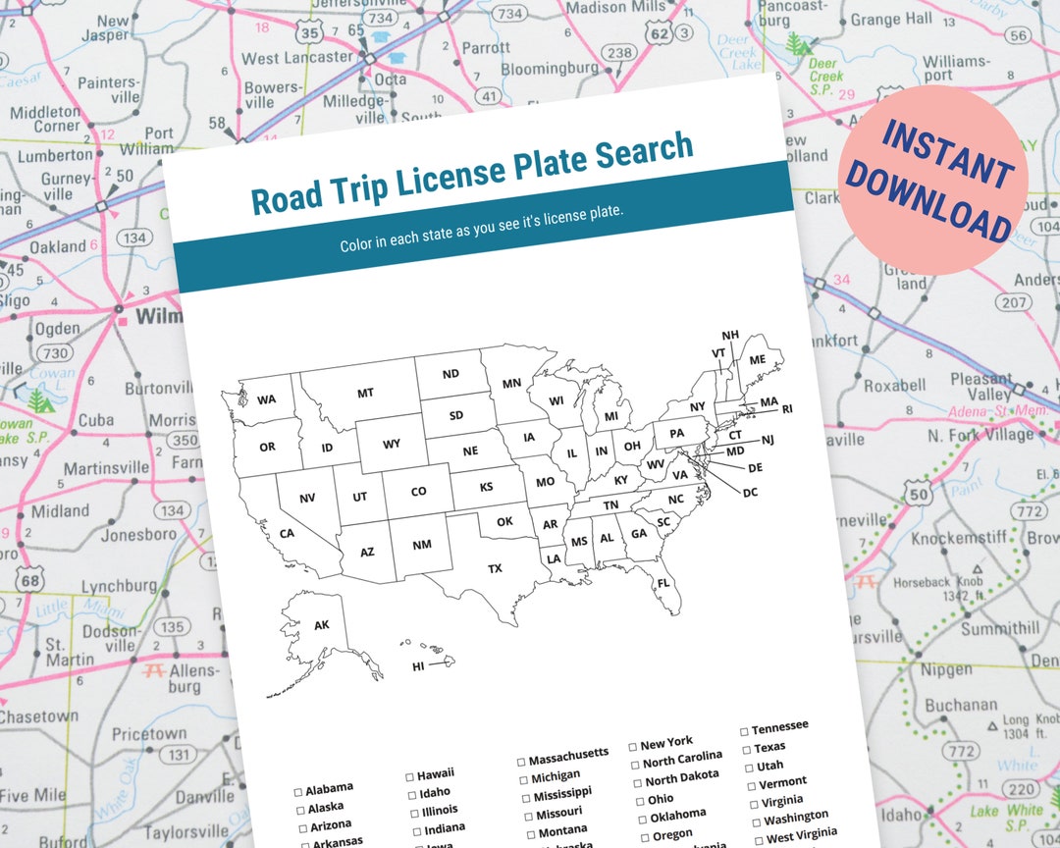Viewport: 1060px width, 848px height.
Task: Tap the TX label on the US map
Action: pyautogui.click(x=495, y=568)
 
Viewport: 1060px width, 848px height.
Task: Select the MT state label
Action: pyautogui.click(x=365, y=394)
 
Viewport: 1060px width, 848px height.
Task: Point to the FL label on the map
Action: pyautogui.click(x=663, y=583)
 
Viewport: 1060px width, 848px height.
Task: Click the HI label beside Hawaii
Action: pyautogui.click(x=418, y=667)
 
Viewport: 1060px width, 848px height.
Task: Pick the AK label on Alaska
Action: pyautogui.click(x=322, y=625)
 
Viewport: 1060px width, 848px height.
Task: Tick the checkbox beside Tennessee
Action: pyautogui.click(x=744, y=731)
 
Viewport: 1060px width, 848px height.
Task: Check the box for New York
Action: pyautogui.click(x=633, y=747)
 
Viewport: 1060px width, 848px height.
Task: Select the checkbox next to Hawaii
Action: pyautogui.click(x=409, y=776)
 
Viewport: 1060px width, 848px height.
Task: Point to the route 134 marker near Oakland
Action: pyautogui.click(x=134, y=238)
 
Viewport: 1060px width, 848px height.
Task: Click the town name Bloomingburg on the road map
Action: pyautogui.click(x=549, y=69)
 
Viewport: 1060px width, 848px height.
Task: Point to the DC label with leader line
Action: pyautogui.click(x=750, y=492)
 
